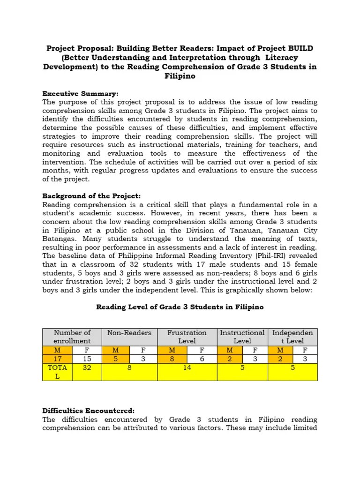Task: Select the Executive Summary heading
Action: click(x=80, y=93)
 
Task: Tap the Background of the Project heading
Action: click(x=91, y=195)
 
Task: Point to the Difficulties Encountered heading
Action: click(x=89, y=410)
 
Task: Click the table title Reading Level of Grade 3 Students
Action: click(x=180, y=307)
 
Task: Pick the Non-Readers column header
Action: click(x=129, y=333)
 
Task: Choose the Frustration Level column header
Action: click(x=187, y=337)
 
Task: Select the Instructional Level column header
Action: click(x=242, y=337)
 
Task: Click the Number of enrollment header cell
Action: click(x=72, y=337)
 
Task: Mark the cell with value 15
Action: click(x=87, y=359)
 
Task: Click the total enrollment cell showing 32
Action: click(x=87, y=368)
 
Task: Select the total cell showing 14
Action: click(x=187, y=368)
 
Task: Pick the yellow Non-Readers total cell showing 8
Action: click(x=129, y=368)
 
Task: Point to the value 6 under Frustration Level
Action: click(x=201, y=359)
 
